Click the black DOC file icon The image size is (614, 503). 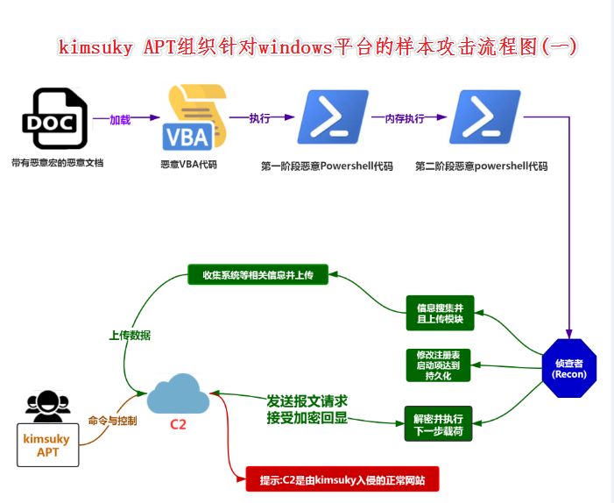click(54, 119)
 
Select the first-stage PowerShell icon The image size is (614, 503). click(332, 117)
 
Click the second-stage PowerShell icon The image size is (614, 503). click(484, 117)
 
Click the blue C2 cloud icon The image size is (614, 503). click(178, 394)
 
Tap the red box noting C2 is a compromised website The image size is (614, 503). click(342, 479)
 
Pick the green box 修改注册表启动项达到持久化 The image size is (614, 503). click(439, 365)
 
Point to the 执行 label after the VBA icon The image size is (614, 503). click(259, 118)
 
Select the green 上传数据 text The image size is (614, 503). click(130, 335)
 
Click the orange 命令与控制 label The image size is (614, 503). click(113, 420)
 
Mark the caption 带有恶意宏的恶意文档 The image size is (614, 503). click(57, 162)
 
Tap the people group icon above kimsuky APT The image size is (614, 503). click(47, 405)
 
